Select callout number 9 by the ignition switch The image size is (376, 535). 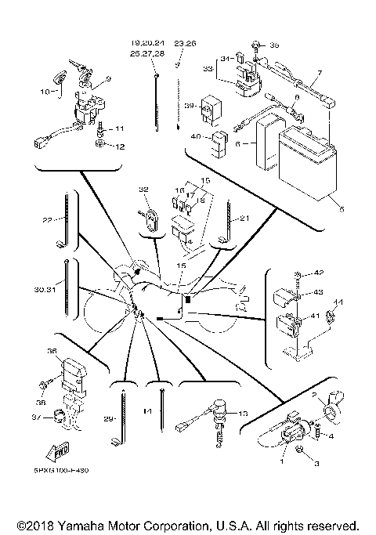[109, 79]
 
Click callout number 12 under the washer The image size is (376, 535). [120, 146]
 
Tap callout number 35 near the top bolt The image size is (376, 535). [274, 46]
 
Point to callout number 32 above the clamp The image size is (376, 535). [143, 190]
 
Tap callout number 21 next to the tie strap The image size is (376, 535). [244, 219]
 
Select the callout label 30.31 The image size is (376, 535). [44, 289]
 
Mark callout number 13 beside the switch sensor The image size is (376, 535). [242, 413]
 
